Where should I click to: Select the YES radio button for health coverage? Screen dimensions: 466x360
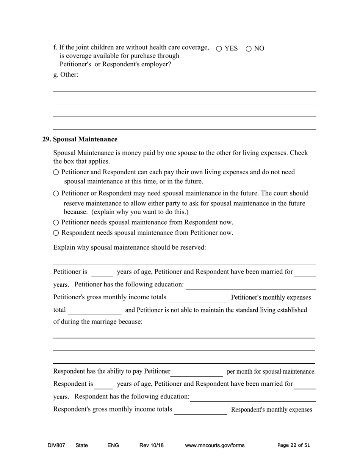(x=219, y=48)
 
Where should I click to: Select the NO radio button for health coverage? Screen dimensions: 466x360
(x=249, y=48)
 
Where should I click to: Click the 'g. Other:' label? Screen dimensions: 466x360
(x=66, y=75)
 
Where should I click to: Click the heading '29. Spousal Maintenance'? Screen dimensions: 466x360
(x=80, y=139)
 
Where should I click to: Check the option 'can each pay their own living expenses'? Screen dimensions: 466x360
(x=56, y=172)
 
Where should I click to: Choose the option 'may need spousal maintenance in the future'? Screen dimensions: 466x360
(x=56, y=194)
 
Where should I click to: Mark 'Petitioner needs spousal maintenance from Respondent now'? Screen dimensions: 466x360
(x=56, y=222)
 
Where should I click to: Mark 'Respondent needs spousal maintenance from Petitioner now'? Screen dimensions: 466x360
(x=56, y=233)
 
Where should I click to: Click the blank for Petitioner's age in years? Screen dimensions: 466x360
(x=102, y=273)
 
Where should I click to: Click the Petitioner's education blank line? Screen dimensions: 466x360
(x=251, y=285)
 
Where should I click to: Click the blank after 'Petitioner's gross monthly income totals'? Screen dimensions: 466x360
(x=198, y=298)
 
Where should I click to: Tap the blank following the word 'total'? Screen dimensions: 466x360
(x=94, y=311)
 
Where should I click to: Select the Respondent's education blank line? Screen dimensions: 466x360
(x=253, y=397)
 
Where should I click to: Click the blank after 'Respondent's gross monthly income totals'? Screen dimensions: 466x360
(x=200, y=410)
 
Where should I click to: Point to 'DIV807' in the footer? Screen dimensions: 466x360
(x=56, y=445)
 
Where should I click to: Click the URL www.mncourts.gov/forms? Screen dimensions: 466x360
(x=214, y=445)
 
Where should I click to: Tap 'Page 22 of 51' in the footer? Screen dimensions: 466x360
(x=293, y=445)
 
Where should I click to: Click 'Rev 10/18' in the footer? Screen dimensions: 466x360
(x=151, y=445)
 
